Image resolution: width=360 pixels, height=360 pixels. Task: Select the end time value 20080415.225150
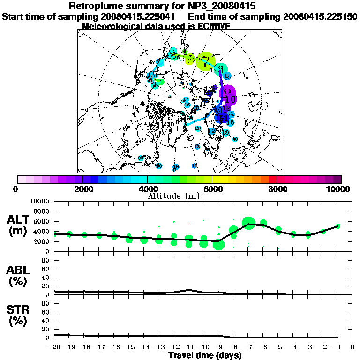[320, 16]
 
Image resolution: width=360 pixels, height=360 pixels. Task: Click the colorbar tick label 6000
[212, 189]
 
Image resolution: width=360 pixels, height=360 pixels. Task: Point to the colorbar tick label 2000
[82, 189]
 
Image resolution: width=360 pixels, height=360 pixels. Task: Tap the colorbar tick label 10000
[339, 189]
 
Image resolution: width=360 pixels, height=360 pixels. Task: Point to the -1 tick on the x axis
[337, 347]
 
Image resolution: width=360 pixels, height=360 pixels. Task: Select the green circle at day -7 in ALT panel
[248, 223]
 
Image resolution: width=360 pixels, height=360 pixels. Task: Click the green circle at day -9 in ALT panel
[219, 244]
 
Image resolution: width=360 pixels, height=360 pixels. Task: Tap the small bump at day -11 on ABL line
[188, 290]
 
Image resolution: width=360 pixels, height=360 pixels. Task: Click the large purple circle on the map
[228, 95]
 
